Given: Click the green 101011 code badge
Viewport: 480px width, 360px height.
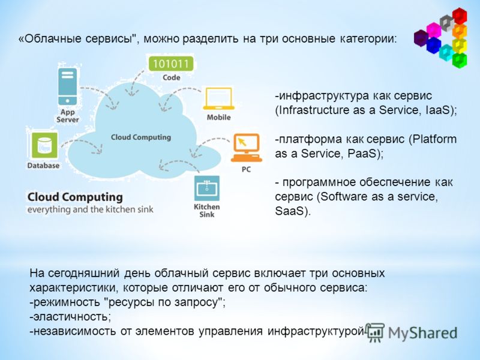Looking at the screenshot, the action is (171, 64).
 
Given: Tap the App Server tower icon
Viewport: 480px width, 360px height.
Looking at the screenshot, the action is (67, 86).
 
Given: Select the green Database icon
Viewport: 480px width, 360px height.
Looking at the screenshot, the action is (44, 145).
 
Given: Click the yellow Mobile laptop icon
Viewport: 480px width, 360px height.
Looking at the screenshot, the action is (218, 98).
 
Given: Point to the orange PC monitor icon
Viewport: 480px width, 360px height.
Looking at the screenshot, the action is (247, 148).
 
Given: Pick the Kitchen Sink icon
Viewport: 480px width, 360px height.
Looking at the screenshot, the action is (207, 188).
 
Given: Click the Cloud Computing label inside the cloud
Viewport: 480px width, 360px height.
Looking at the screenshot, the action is (141, 137).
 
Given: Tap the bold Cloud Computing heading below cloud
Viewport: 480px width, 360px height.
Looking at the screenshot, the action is (75, 197).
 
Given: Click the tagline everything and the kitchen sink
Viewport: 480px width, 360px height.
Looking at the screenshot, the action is (91, 209).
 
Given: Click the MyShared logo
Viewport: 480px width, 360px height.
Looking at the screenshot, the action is (412, 332).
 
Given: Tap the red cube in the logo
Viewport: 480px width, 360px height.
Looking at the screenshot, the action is (460, 16).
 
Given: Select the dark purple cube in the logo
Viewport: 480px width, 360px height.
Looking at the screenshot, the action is (421, 38).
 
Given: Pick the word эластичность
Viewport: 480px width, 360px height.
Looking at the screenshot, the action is (70, 317).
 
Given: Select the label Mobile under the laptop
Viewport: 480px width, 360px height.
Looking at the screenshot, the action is (218, 117).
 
